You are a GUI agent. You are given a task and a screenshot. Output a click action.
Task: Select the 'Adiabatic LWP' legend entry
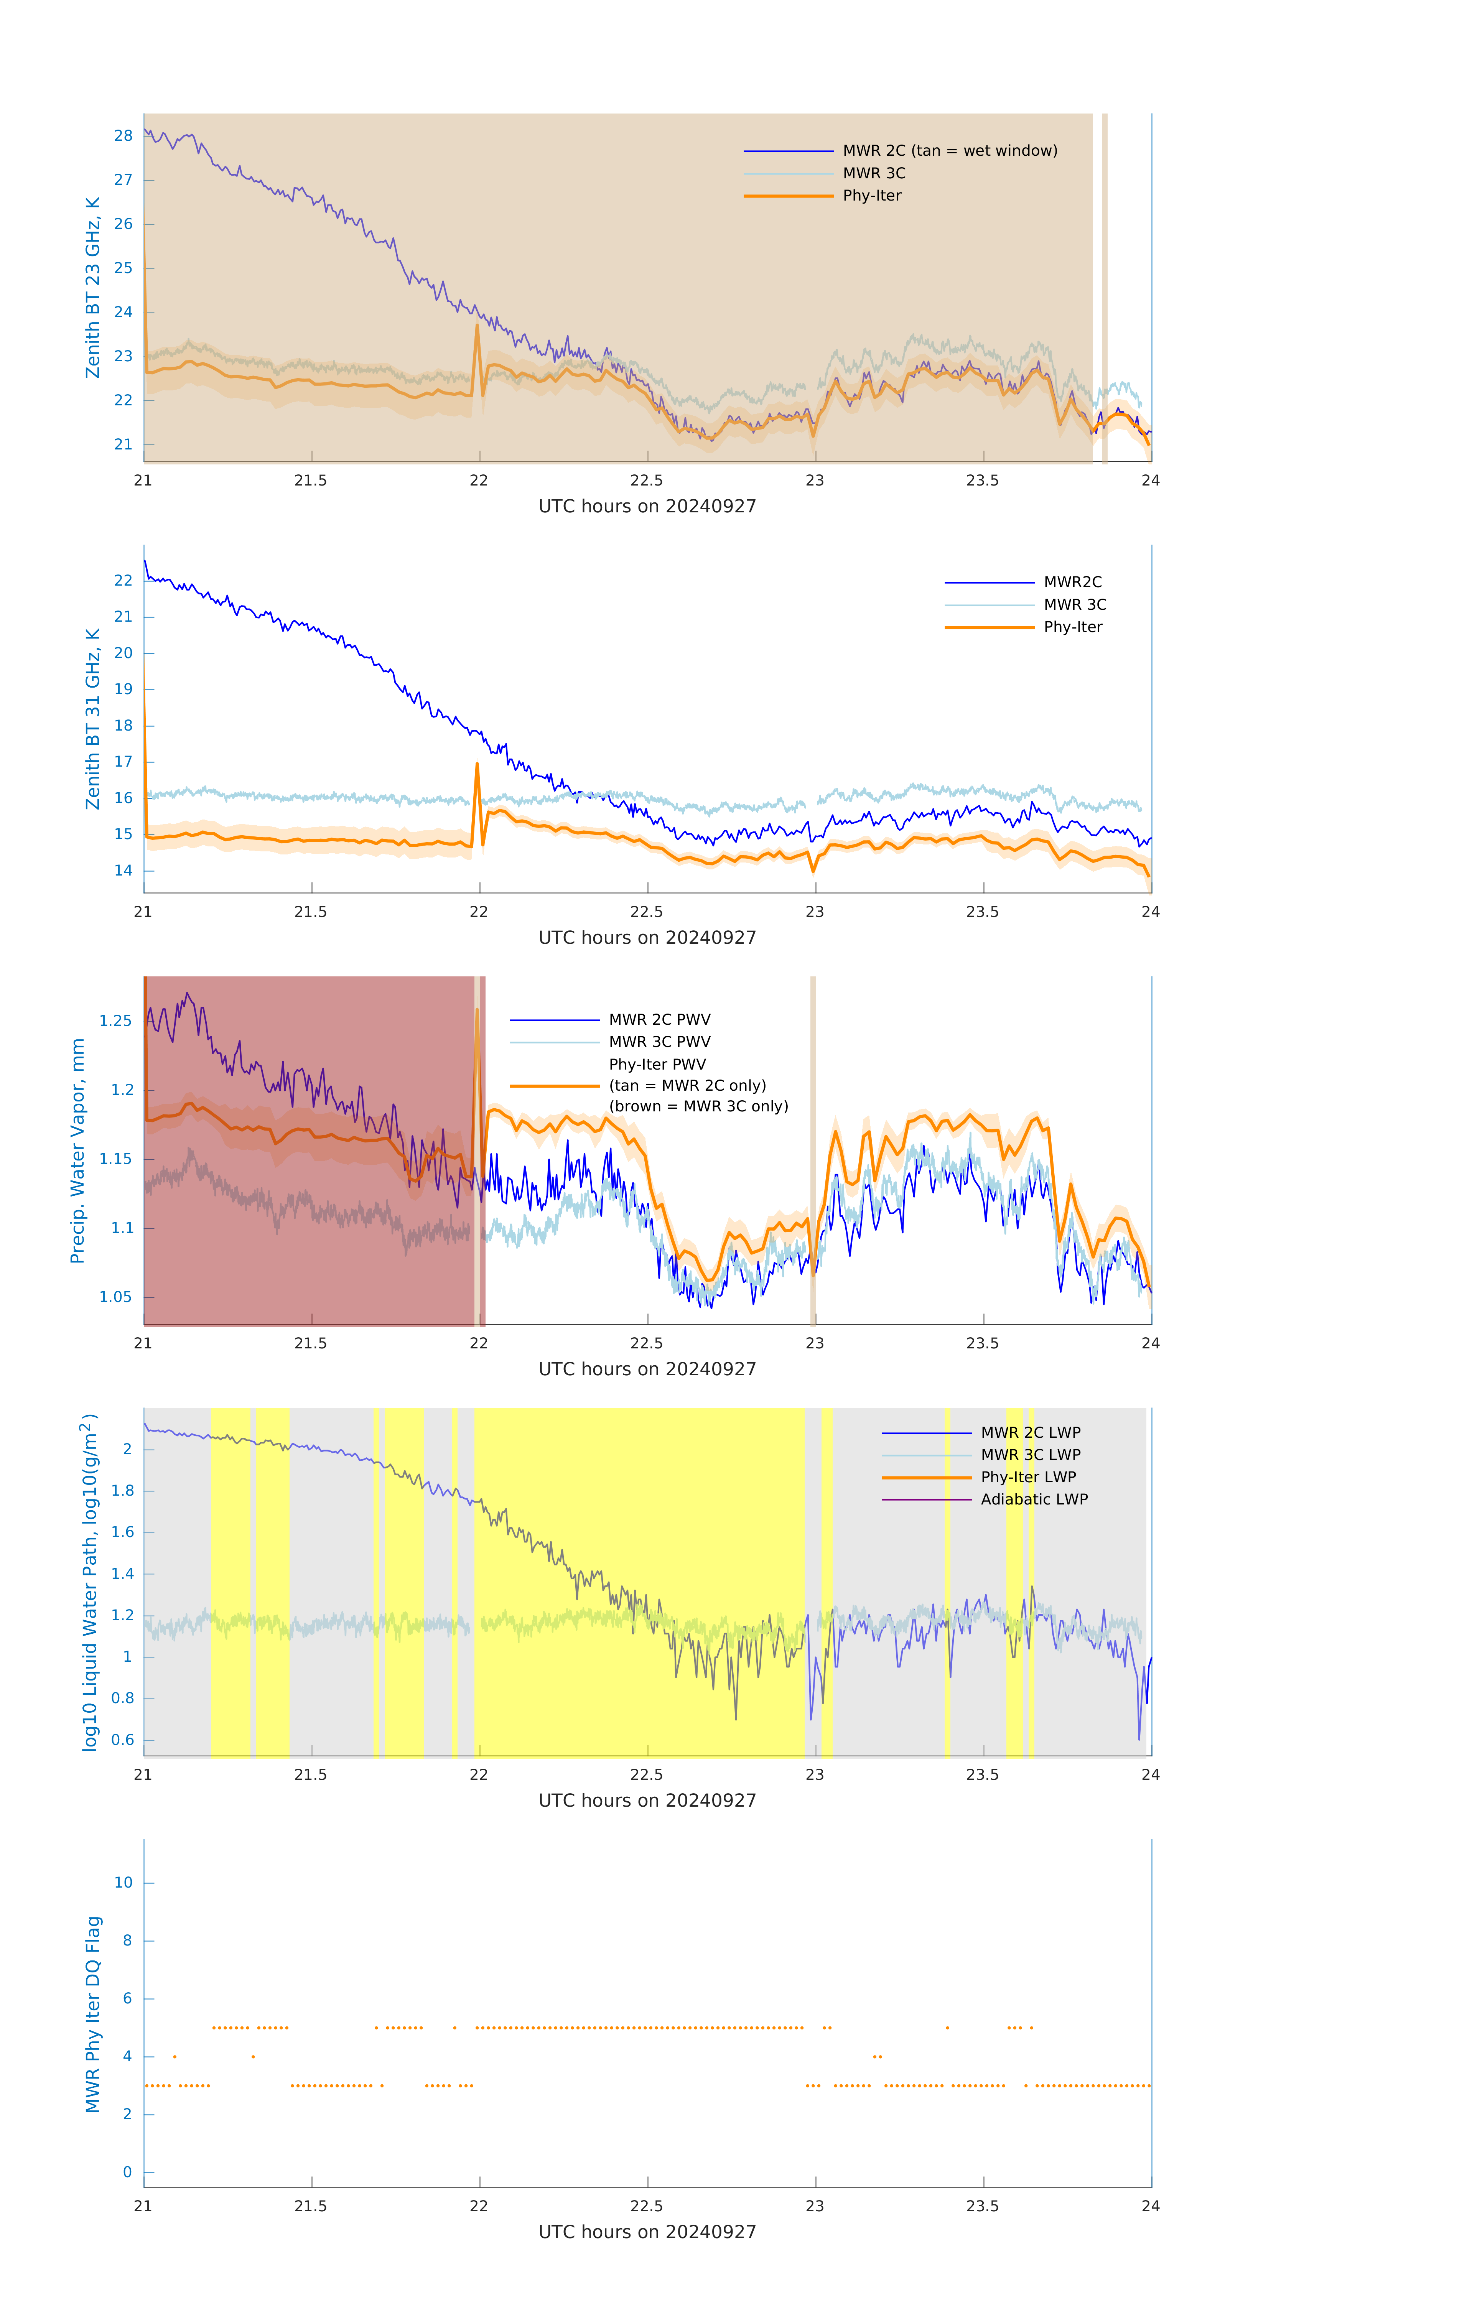(1033, 1499)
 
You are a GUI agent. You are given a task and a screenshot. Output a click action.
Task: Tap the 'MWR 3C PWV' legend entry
(659, 1042)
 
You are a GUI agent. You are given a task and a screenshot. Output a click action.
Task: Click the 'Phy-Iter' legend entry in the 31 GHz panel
(1072, 627)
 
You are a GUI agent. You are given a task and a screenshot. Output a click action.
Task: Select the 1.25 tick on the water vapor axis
(116, 1020)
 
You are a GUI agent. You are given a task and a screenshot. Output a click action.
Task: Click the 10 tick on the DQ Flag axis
(123, 1883)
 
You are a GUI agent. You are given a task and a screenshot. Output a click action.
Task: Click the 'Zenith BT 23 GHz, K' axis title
(93, 288)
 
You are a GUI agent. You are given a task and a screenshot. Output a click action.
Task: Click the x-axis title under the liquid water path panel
(647, 1800)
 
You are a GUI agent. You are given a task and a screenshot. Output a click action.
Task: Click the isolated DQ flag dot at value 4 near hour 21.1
(175, 2056)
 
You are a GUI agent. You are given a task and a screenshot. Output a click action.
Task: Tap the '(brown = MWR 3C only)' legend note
(699, 1106)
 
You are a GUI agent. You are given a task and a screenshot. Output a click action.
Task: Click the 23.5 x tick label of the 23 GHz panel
(981, 481)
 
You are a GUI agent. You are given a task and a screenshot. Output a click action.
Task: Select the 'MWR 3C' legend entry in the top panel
(874, 173)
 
